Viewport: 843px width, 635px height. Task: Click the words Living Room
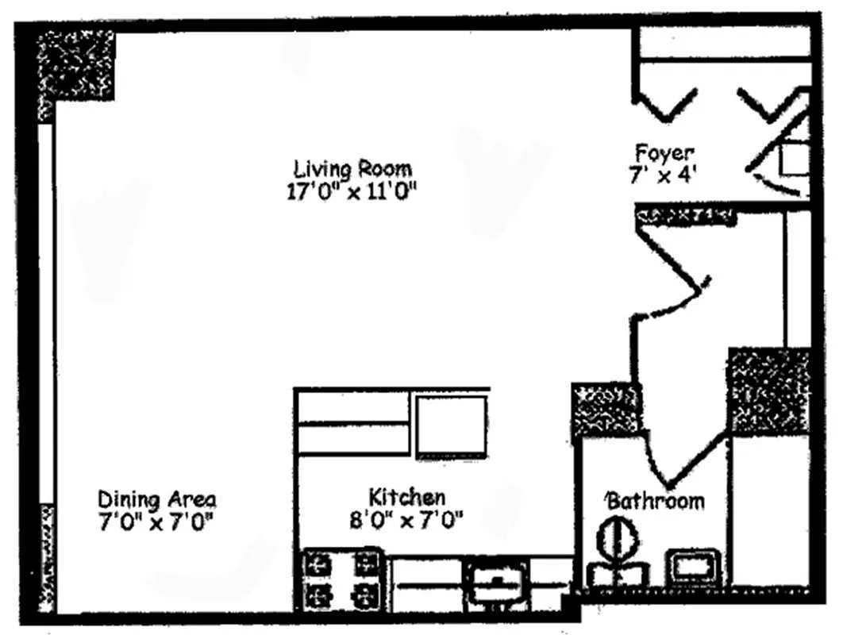[x=352, y=169]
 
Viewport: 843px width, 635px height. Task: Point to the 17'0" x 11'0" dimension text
[x=352, y=193]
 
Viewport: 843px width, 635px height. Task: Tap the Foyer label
[x=664, y=152]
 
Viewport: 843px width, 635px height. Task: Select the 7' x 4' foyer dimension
[x=663, y=175]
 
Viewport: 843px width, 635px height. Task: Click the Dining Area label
[x=156, y=500]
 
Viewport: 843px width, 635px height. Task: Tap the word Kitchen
[x=406, y=498]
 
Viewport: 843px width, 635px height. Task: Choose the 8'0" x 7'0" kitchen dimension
[x=407, y=521]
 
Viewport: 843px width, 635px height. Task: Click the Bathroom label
[x=656, y=502]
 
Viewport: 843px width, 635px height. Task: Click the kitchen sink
[x=495, y=577]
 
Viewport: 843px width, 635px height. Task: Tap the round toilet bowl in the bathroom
[x=617, y=540]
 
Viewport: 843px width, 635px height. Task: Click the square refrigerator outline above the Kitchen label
[x=451, y=425]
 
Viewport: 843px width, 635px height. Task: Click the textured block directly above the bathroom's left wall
[x=605, y=410]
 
